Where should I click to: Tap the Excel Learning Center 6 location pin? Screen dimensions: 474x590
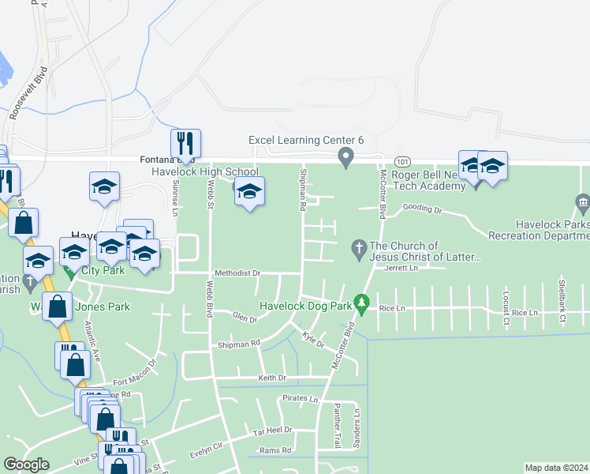click(345, 157)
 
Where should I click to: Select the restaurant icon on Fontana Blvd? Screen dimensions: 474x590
click(185, 143)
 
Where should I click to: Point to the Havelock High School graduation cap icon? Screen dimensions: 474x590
click(249, 192)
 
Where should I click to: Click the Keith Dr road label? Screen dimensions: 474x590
click(271, 378)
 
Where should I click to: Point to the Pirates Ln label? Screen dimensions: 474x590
click(301, 400)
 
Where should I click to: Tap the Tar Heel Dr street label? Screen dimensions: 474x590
click(272, 431)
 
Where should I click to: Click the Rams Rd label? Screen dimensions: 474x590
click(276, 450)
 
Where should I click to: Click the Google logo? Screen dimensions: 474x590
click(26, 465)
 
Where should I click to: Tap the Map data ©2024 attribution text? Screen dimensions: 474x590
click(556, 468)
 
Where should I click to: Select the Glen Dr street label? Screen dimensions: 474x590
click(245, 318)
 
